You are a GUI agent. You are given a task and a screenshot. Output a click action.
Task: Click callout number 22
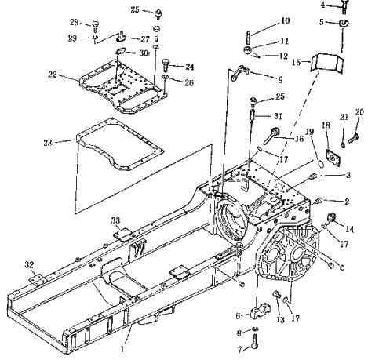click(53, 75)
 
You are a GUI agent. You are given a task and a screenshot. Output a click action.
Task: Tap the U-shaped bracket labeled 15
click(326, 62)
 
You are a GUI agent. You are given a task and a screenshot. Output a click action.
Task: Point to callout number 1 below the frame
click(122, 349)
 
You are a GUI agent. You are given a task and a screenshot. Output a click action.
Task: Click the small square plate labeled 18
click(333, 157)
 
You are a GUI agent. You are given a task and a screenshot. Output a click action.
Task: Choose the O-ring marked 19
click(321, 164)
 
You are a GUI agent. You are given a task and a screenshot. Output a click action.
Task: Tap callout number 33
click(115, 221)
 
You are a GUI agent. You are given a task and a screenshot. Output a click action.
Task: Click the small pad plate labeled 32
click(36, 279)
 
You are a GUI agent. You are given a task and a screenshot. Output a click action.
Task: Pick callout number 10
click(286, 20)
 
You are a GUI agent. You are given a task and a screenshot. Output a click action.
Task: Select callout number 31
click(278, 116)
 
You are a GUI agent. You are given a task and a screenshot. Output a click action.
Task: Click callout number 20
click(359, 112)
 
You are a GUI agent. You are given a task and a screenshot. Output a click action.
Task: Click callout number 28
click(74, 23)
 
